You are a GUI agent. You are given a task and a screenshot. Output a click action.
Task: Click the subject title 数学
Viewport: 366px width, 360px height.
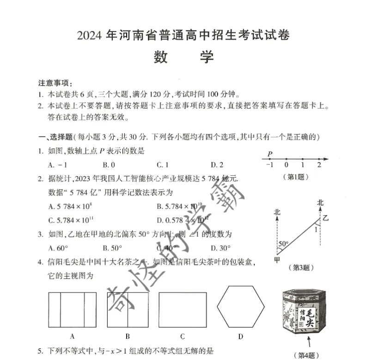(184, 57)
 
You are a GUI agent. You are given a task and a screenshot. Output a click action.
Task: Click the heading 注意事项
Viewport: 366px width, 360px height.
(55, 83)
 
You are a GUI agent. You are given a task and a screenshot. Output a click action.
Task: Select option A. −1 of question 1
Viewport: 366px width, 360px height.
(58, 164)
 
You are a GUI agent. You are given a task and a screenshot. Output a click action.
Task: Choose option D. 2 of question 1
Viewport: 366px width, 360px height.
(217, 164)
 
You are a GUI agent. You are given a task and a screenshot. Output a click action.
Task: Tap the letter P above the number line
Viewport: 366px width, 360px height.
(270, 154)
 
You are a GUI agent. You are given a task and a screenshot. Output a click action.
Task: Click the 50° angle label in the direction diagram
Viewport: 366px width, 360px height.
(283, 244)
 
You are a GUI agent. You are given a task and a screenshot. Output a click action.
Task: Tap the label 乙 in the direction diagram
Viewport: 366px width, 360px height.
(327, 217)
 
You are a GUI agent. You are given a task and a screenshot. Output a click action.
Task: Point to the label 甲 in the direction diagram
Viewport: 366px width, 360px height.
(277, 260)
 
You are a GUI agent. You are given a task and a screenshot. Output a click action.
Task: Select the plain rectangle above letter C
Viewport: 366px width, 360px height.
(183, 310)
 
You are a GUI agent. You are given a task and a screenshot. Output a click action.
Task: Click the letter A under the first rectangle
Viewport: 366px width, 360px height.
(73, 336)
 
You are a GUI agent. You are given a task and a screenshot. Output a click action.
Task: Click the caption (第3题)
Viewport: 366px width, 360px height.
(301, 267)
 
